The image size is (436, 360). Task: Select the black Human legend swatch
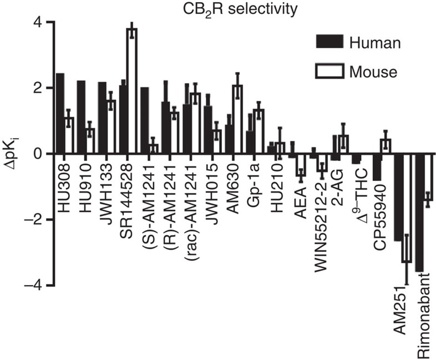coord(330,43)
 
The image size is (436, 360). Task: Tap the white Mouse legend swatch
coord(330,71)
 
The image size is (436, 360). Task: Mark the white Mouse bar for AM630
coord(237,119)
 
